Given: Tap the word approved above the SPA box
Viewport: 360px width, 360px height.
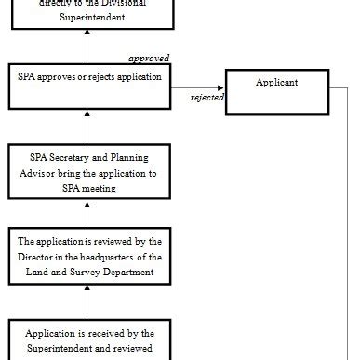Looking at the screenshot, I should pyautogui.click(x=148, y=58).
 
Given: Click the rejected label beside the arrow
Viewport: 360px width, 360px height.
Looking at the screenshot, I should pyautogui.click(x=207, y=97).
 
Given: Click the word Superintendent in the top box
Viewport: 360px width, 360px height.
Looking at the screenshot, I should pyautogui.click(x=87, y=17).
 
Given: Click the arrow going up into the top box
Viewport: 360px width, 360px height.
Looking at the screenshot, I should pyautogui.click(x=87, y=47).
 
